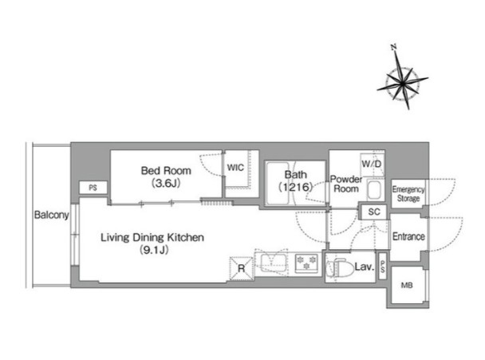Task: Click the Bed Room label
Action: (166, 171)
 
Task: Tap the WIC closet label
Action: (235, 168)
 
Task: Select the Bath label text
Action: (296, 175)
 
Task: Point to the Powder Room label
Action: (346, 184)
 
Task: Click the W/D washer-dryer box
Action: (372, 164)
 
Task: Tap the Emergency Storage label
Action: (408, 194)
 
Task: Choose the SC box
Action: (374, 212)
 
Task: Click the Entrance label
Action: (408, 236)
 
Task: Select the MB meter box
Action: (407, 285)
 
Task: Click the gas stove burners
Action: (306, 263)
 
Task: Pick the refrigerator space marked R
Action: (241, 268)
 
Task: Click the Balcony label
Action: (51, 215)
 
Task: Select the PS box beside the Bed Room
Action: (93, 188)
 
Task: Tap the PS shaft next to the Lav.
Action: (383, 267)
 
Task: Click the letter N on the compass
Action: (393, 47)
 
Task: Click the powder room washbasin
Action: (374, 190)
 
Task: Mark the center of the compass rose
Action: (402, 83)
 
